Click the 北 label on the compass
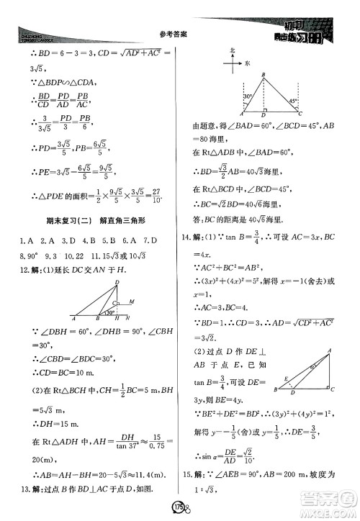(233, 50)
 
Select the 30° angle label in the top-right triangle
(247, 96)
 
